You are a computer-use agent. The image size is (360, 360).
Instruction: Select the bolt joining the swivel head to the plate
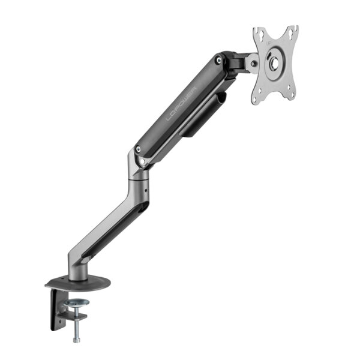click(255, 62)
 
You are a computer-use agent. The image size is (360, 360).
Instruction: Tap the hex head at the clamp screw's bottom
click(77, 340)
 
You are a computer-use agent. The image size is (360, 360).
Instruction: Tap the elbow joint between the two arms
click(137, 165)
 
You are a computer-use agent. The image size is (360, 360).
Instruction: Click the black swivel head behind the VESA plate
click(240, 61)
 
